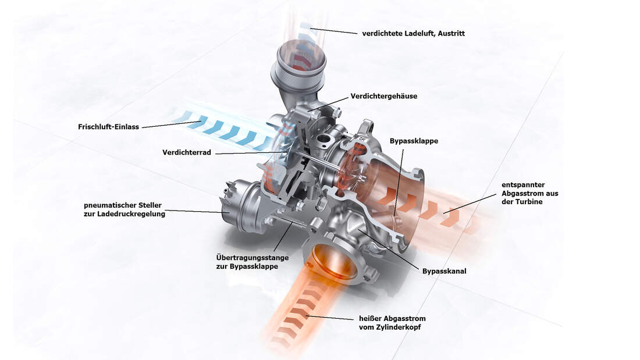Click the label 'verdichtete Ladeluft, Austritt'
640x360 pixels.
tap(414, 34)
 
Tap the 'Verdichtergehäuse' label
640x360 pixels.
tap(383, 97)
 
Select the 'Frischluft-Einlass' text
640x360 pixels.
tap(109, 127)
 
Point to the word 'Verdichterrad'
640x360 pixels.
tap(187, 152)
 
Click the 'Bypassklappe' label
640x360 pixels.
tap(414, 141)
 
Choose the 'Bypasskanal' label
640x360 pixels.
tap(444, 271)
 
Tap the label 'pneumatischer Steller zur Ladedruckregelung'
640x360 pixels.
tap(125, 209)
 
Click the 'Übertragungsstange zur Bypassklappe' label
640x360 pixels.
tap(253, 262)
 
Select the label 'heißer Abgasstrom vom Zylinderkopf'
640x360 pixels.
tap(392, 322)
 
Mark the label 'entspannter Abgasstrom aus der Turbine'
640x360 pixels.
tap(530, 193)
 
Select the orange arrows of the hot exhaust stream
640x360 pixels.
tap(304, 309)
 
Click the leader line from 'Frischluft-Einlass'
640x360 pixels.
tap(172, 124)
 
